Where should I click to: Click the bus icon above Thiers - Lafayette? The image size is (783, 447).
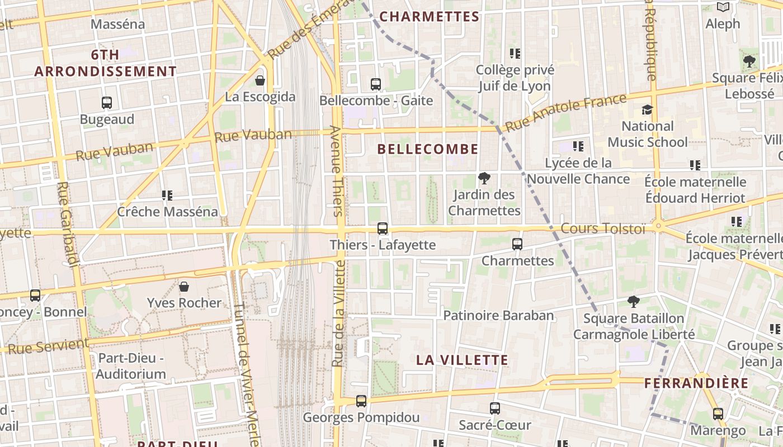pos(383,228)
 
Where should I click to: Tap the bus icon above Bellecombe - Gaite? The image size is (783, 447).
pos(376,84)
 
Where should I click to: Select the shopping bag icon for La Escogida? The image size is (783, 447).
pos(260,80)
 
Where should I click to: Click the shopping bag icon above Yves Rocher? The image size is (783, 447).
pos(184,287)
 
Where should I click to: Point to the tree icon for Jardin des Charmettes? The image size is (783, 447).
pos(484,178)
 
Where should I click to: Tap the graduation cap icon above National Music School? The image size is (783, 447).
pos(647,110)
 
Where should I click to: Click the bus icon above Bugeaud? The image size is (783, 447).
pos(107,103)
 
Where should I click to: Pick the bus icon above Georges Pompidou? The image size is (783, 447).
pos(361,401)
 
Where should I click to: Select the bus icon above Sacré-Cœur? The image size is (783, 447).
pos(495,408)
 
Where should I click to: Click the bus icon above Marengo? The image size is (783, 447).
pos(718,414)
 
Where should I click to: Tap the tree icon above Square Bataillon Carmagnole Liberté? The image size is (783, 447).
pos(634,302)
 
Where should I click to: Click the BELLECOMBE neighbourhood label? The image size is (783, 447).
pos(428,149)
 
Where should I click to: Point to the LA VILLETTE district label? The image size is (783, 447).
pos(462,360)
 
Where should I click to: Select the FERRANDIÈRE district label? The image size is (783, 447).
pos(696,383)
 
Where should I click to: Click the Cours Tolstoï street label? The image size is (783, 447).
pos(603,229)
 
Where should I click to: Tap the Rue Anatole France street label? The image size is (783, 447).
pos(565,113)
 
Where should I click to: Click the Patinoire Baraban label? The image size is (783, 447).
pos(498,315)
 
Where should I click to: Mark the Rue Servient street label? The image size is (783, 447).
pos(49,346)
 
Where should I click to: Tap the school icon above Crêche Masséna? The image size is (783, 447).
pos(167,196)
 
